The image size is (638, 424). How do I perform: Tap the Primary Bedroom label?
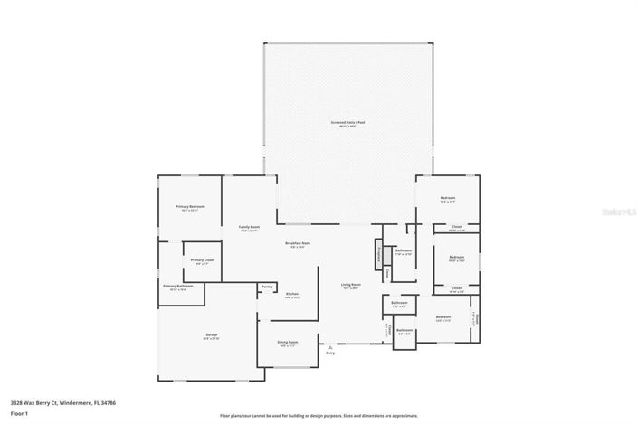point(190,207)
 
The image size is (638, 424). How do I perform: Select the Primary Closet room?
point(202,261)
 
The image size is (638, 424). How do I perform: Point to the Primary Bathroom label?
point(178,287)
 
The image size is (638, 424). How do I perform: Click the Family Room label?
point(249,227)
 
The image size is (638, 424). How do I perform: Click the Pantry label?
point(267,287)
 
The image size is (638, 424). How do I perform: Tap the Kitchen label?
point(292,295)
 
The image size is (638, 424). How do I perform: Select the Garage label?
point(211,335)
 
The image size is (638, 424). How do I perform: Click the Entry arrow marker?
point(330,346)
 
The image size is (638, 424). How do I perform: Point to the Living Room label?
point(350,287)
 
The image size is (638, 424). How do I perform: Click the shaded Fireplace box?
point(379,253)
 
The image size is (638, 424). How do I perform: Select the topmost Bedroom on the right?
point(447,198)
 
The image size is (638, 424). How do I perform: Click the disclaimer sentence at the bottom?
point(320,416)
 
